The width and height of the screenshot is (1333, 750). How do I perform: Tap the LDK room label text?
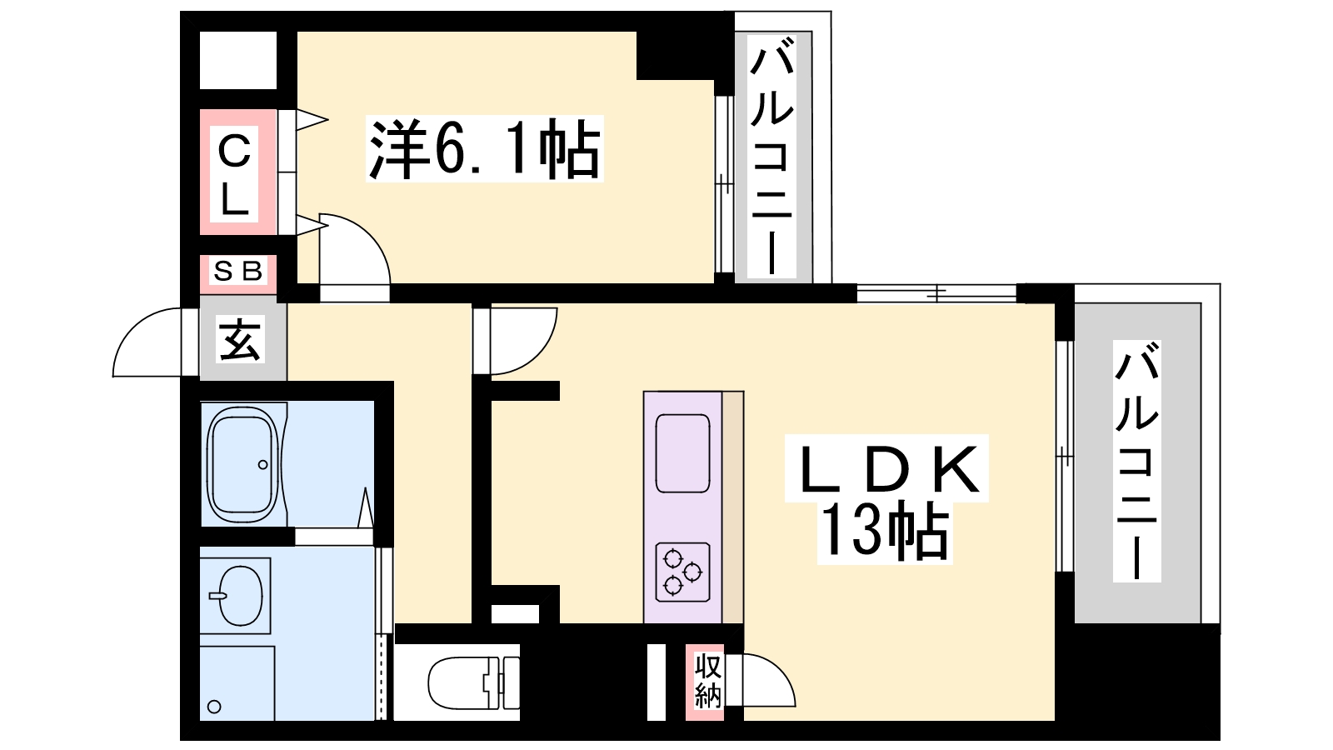click(888, 470)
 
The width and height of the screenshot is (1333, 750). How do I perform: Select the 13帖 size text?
click(885, 532)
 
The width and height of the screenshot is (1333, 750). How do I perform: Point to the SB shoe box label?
click(238, 271)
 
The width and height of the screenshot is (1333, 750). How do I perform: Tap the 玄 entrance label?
click(240, 340)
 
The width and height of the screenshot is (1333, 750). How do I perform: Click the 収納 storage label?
click(707, 682)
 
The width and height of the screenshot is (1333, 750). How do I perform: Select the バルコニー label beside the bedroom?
click(771, 159)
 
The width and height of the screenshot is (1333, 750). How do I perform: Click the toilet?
click(471, 683)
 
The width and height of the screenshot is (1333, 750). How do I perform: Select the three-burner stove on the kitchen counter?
click(682, 572)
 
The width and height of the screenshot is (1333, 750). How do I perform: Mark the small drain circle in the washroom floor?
click(214, 707)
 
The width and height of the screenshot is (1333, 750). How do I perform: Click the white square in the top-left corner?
click(238, 60)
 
